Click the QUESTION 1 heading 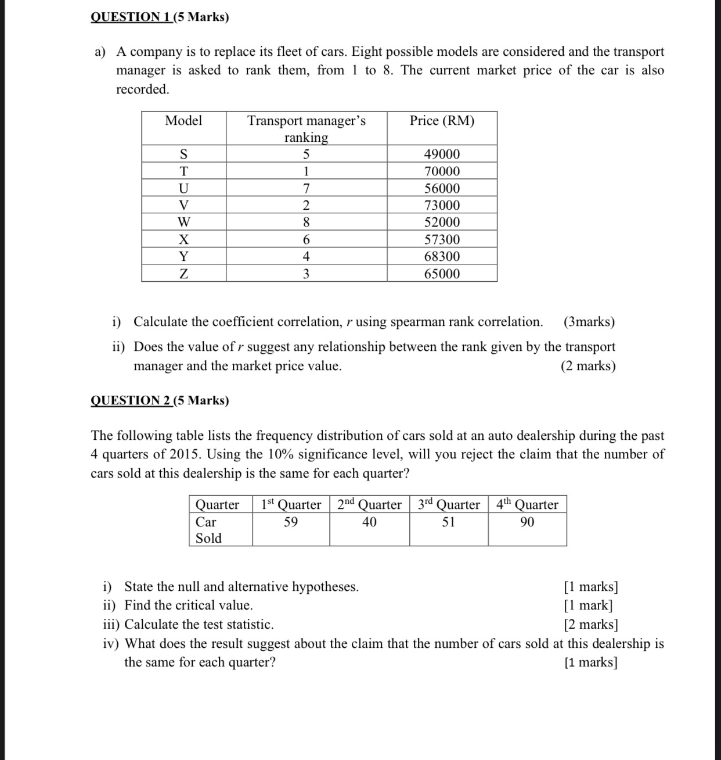tap(160, 17)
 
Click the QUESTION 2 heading tap(160, 400)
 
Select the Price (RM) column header tap(442, 121)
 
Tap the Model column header tap(183, 121)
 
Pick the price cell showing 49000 tap(442, 154)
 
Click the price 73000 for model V tap(442, 205)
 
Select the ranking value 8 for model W tap(306, 222)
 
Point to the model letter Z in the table tap(183, 274)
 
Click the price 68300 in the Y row tap(442, 256)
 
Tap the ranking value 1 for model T tap(306, 171)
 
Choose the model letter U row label tap(183, 188)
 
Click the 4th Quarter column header tap(527, 504)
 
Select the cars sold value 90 tap(527, 522)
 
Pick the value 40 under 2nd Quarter tap(369, 522)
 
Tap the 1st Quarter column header tap(291, 504)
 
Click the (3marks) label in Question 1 tap(589, 322)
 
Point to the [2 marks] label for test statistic tap(590, 625)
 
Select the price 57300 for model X tap(442, 239)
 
